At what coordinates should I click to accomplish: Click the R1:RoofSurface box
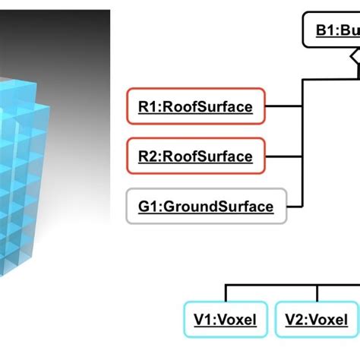[196, 107]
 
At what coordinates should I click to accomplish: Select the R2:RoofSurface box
[196, 156]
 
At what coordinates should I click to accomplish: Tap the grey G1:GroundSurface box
[206, 206]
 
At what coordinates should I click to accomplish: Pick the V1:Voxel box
[225, 321]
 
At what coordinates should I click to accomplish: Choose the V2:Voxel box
[316, 321]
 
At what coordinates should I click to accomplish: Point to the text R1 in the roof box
[148, 107]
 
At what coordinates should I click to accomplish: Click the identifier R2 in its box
[148, 156]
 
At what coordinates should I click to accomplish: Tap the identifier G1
[148, 206]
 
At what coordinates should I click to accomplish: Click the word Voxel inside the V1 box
[236, 321]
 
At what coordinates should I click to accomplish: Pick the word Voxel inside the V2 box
[327, 321]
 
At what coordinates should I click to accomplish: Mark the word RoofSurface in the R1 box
[207, 107]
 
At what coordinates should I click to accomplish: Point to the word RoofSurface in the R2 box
[207, 156]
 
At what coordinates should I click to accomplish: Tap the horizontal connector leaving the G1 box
[295, 206]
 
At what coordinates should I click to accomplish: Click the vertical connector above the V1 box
[225, 293]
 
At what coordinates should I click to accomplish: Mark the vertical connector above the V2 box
[317, 293]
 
